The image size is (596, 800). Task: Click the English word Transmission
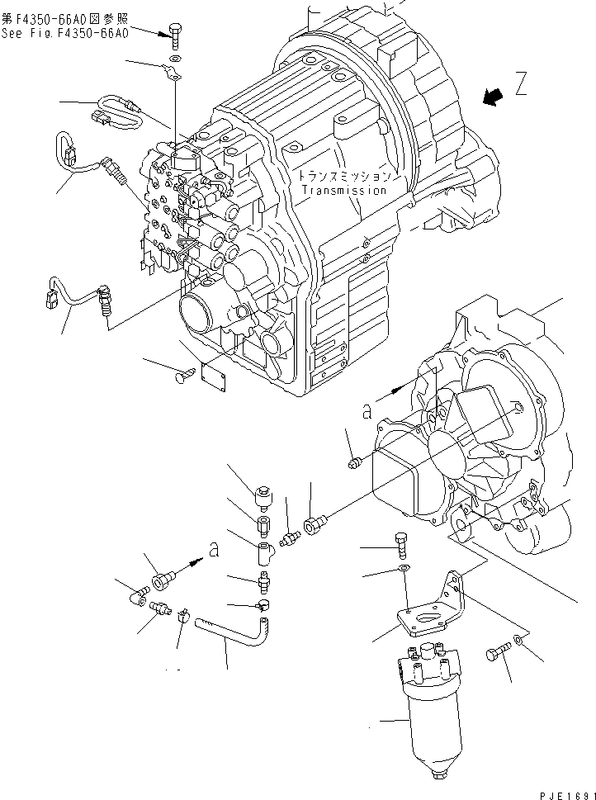(x=343, y=191)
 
